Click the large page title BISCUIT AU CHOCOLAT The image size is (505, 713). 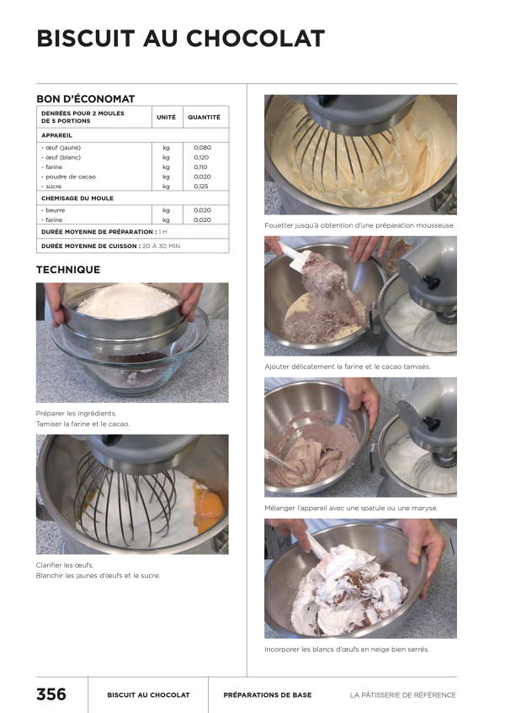tap(180, 39)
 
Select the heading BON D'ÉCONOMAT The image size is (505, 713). tap(85, 98)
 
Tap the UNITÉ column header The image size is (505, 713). tap(166, 117)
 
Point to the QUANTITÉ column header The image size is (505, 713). tap(204, 117)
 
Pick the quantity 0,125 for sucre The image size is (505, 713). tap(202, 186)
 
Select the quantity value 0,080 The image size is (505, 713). tap(202, 147)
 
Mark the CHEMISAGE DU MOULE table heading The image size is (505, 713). tap(77, 198)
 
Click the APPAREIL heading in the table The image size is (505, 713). tap(56, 135)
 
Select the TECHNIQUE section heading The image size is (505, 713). tap(68, 270)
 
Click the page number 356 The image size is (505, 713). tap(50, 695)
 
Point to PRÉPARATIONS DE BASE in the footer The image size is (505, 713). tap(267, 695)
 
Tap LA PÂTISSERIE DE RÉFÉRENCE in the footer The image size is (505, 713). tap(402, 695)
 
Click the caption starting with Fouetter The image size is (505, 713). tap(359, 225)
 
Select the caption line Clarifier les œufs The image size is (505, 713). tap(65, 565)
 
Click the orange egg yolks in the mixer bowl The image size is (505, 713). tap(209, 505)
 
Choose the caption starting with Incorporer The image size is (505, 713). tap(352, 649)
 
